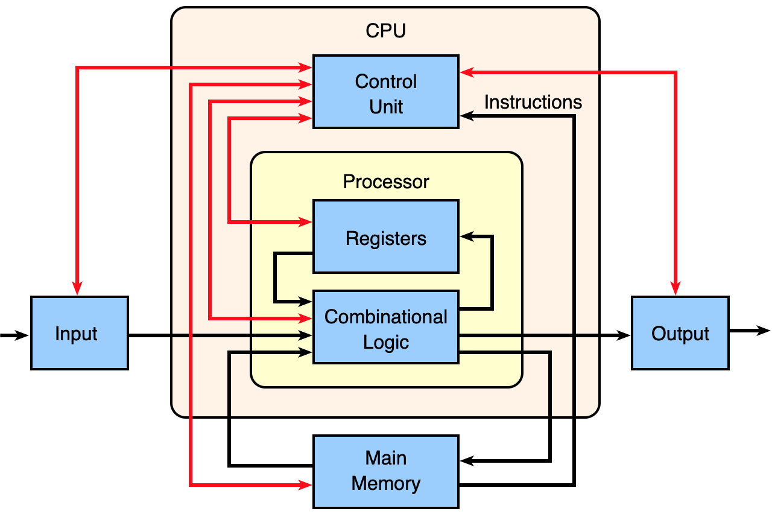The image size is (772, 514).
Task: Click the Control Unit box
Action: point(385,92)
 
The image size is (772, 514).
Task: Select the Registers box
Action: point(385,236)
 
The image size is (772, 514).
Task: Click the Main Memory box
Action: point(385,471)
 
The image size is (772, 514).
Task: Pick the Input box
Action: point(79,333)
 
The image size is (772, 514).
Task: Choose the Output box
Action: point(680,333)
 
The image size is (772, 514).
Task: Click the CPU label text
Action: point(385,31)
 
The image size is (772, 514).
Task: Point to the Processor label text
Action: point(385,182)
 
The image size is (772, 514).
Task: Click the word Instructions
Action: point(533,102)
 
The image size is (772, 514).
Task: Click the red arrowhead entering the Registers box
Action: point(306,223)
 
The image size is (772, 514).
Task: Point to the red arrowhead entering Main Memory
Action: point(306,484)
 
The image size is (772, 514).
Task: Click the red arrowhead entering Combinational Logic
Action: point(306,317)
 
